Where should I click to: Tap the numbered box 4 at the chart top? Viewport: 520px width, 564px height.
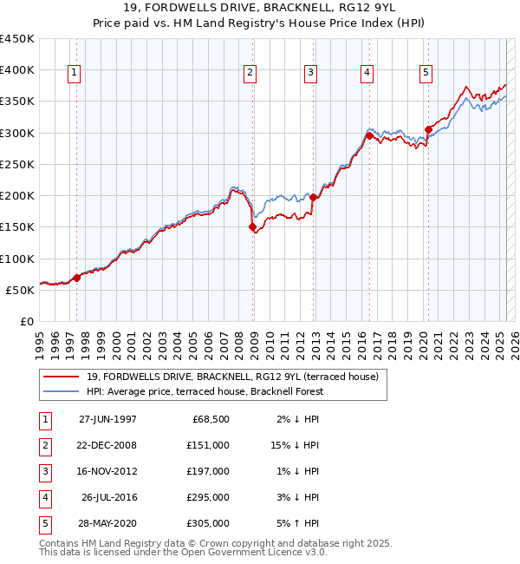coord(367,74)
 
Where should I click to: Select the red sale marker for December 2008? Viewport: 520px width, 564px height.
coord(253,227)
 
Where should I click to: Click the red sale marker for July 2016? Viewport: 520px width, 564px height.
coord(369,135)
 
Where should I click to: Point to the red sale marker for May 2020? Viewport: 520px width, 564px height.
coord(428,129)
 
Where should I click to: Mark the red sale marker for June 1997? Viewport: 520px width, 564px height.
coord(76,278)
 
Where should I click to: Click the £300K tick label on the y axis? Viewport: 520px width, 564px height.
coord(16,133)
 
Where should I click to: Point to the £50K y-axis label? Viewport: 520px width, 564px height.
coord(20,290)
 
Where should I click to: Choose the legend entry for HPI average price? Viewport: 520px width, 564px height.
coord(205,391)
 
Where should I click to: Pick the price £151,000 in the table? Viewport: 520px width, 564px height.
coord(208,444)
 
